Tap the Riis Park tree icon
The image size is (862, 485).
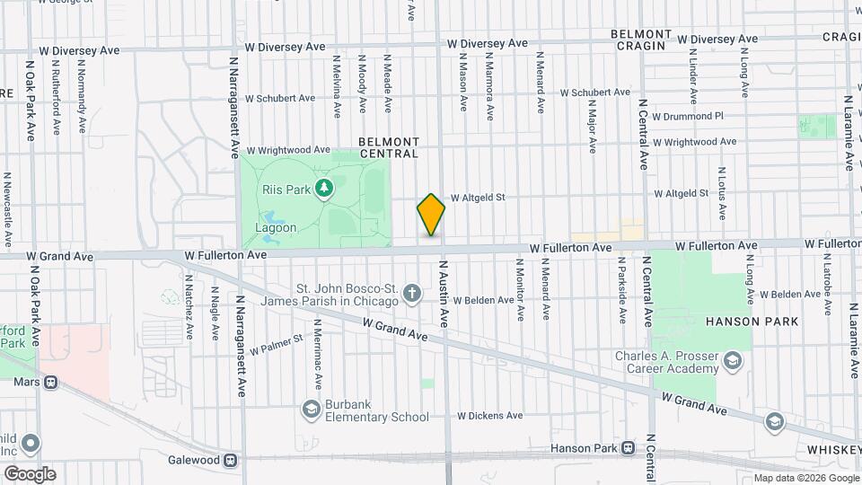pos(325,189)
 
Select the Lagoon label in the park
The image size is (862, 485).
pos(276,227)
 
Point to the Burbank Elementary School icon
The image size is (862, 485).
pos(312,410)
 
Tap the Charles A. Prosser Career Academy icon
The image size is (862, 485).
pos(733,362)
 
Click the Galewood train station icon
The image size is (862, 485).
pos(231,461)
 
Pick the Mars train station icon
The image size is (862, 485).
pos(51,382)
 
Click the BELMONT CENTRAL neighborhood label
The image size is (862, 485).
pos(389,147)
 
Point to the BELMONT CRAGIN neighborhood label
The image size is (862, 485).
pos(640,40)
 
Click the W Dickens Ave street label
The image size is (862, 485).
pos(489,416)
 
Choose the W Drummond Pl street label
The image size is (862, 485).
pos(687,117)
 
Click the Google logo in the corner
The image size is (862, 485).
pos(30,473)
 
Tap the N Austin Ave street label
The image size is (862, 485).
pos(443,293)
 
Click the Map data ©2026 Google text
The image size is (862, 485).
pos(805,478)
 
